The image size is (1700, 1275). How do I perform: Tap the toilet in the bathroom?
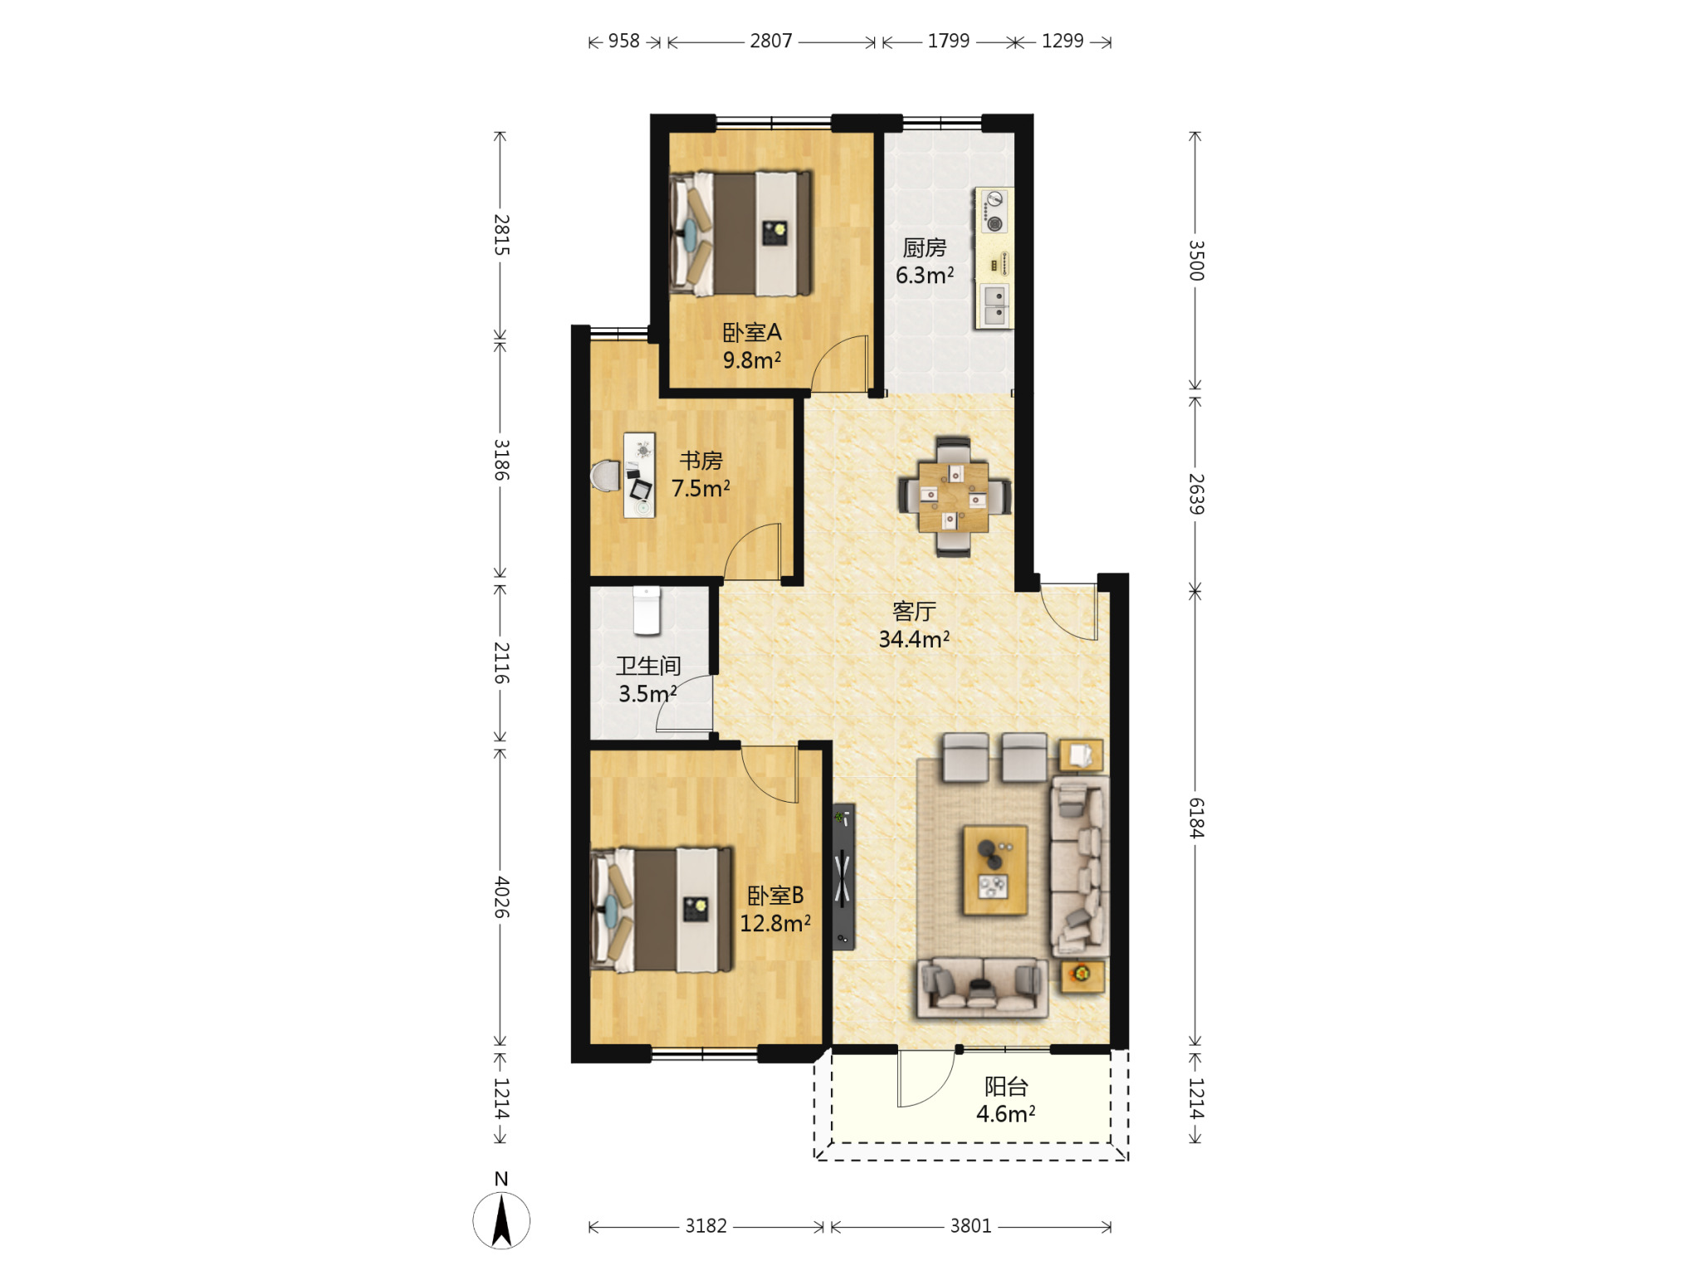pyautogui.click(x=647, y=610)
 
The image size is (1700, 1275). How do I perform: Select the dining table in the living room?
pyautogui.click(x=954, y=496)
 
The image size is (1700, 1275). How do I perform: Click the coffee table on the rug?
pyautogui.click(x=994, y=869)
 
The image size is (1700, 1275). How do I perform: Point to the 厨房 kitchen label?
pyautogui.click(x=925, y=247)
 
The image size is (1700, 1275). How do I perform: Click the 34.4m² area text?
pyautogui.click(x=914, y=639)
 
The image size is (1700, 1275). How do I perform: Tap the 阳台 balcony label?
pyautogui.click(x=1006, y=1086)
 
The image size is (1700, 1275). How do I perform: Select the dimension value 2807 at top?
pyautogui.click(x=771, y=41)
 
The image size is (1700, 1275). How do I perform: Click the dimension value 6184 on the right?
pyautogui.click(x=1196, y=818)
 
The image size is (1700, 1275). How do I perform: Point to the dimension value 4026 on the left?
pyautogui.click(x=501, y=897)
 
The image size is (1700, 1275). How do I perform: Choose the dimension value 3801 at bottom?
pyautogui.click(x=971, y=1226)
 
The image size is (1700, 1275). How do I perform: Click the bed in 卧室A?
pyautogui.click(x=741, y=233)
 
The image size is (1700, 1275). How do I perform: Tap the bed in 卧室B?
pyautogui.click(x=662, y=910)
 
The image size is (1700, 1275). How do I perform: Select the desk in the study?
pyautogui.click(x=639, y=475)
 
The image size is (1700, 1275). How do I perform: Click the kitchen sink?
pyautogui.click(x=994, y=305)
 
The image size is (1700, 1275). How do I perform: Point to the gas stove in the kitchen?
pyautogui.click(x=994, y=211)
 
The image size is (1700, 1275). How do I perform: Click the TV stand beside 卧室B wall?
pyautogui.click(x=843, y=876)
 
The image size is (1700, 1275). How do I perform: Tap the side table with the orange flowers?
pyautogui.click(x=1082, y=975)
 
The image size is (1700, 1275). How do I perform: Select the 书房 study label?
pyautogui.click(x=701, y=460)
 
